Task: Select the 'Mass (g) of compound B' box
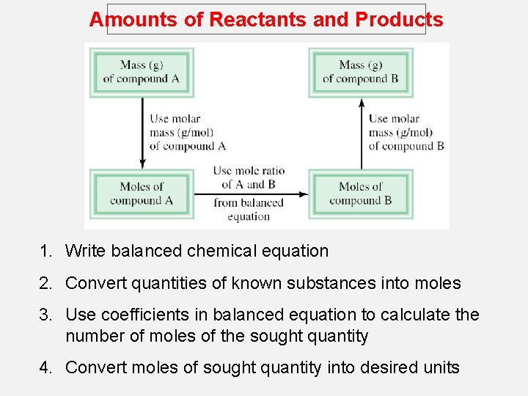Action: pyautogui.click(x=361, y=72)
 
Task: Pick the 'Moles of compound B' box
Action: pyautogui.click(x=361, y=193)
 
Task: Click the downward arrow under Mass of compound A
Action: pyautogui.click(x=143, y=132)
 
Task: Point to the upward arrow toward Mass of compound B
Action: pyautogui.click(x=361, y=132)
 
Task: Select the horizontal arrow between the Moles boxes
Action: pyautogui.click(x=249, y=194)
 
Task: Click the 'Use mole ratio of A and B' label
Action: pyautogui.click(x=249, y=177)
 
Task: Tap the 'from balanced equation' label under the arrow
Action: pyautogui.click(x=249, y=210)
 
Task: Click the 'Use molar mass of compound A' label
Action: pyautogui.click(x=187, y=132)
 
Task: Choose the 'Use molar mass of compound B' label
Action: pyautogui.click(x=406, y=132)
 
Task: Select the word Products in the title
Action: pyautogui.click(x=399, y=20)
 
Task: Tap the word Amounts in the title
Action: pyautogui.click(x=133, y=20)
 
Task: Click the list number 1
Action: pyautogui.click(x=46, y=251)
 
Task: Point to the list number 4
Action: pyautogui.click(x=46, y=367)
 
